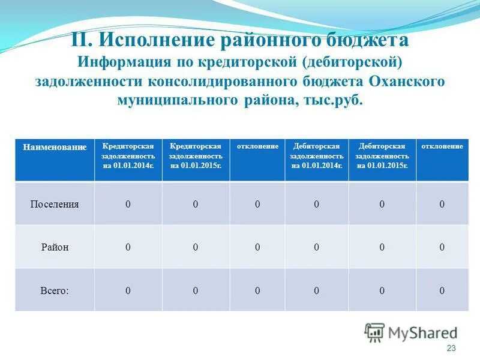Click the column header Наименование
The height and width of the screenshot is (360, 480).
point(55,147)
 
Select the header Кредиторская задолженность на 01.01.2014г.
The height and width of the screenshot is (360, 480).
point(128,155)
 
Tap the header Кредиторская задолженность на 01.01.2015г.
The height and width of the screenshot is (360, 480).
point(196,155)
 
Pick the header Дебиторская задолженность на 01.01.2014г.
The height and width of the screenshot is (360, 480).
point(316,155)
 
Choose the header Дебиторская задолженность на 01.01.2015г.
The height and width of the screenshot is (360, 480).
point(382,155)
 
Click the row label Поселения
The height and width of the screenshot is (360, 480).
point(55,204)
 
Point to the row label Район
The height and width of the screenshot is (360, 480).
point(55,247)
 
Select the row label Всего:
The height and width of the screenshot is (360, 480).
point(55,290)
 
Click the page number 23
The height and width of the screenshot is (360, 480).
point(452,349)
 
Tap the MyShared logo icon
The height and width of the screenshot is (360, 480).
point(375,332)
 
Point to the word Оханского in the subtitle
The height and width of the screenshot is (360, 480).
point(407,81)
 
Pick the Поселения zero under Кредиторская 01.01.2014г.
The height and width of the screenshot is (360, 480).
point(128,204)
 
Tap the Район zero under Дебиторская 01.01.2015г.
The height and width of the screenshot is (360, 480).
point(382,247)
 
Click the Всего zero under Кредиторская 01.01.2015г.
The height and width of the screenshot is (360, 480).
point(196,290)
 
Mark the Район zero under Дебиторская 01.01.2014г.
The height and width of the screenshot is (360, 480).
point(316,247)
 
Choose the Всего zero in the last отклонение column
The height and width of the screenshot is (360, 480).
point(442,290)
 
